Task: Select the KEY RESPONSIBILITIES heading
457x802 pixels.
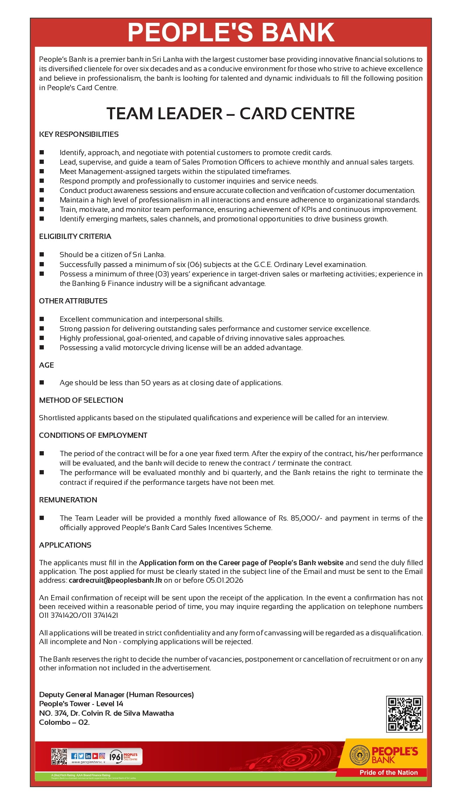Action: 79,134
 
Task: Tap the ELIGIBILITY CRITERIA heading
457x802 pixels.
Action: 75,236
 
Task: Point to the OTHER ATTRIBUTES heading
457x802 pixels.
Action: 73,301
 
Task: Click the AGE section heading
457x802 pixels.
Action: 46,365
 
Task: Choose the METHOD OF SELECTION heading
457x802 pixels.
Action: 81,400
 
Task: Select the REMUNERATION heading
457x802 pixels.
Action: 68,500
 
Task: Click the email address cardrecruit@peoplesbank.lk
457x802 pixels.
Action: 115,580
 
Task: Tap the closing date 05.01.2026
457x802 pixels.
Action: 224,580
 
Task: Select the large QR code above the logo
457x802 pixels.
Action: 404,714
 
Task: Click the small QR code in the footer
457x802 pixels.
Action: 59,757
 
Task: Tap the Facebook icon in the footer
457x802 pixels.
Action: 74,756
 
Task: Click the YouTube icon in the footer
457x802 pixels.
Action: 95,756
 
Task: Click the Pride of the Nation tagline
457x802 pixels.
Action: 388,773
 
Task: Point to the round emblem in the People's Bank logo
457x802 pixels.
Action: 359,755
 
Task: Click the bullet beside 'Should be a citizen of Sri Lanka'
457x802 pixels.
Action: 42,254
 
